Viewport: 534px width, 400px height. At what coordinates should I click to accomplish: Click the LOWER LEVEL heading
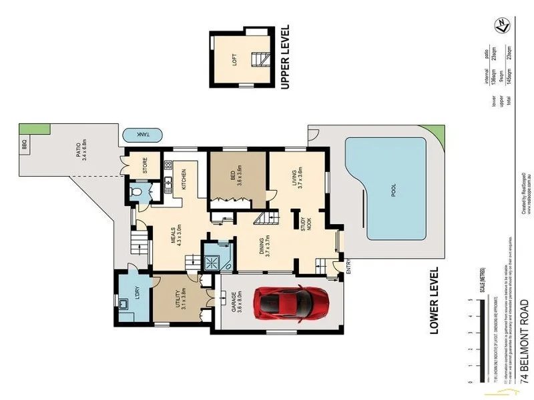[434, 300]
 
